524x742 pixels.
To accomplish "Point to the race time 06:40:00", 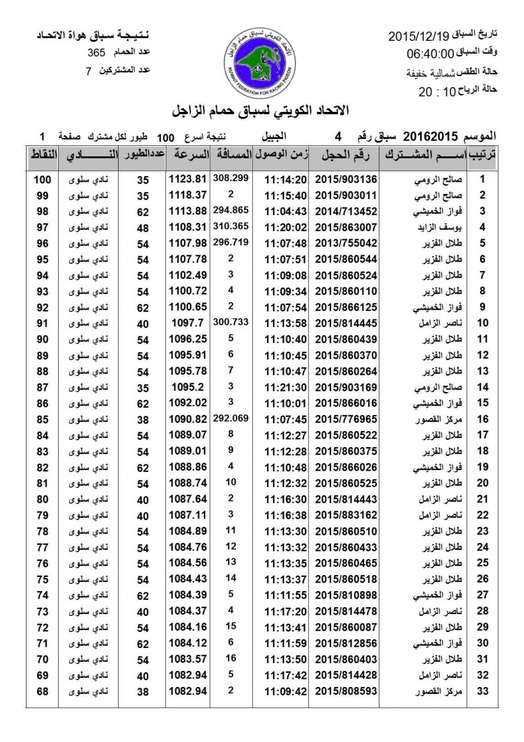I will [431, 53].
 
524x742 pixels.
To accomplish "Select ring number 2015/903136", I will [346, 180].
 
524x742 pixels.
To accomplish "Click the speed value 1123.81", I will [186, 180].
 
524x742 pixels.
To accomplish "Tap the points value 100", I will [42, 180].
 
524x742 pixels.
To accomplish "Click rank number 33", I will [483, 691].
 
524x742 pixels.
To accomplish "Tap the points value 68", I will [42, 691].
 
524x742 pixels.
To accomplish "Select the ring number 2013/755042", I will [346, 244].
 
